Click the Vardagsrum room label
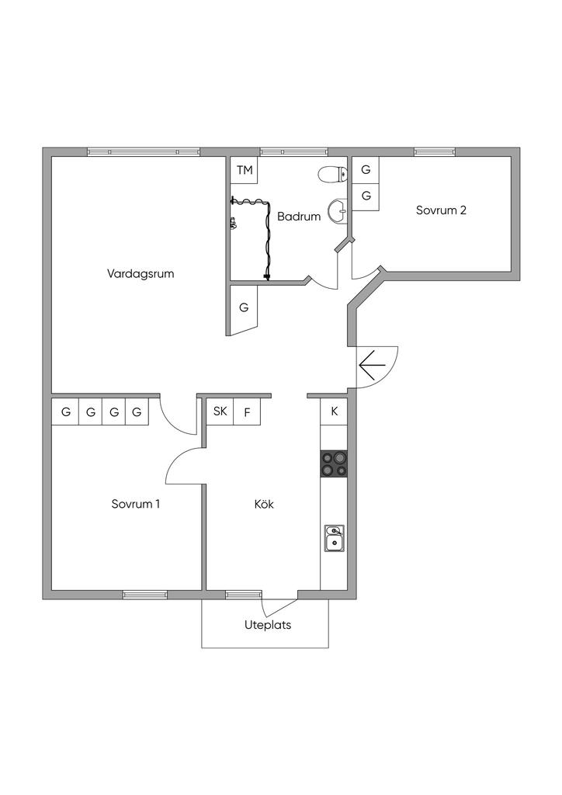[140, 274]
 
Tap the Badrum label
[299, 217]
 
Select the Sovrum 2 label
[441, 210]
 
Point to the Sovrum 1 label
[136, 504]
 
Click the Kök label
[264, 504]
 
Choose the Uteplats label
[268, 625]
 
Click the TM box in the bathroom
[245, 170]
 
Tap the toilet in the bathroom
[332, 175]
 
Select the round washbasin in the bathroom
[338, 210]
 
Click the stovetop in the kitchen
[334, 463]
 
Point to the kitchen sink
[334, 538]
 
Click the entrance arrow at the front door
[373, 365]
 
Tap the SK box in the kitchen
[220, 411]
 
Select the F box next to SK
[248, 411]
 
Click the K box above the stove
[334, 411]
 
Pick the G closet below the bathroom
[244, 308]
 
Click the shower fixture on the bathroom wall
[233, 223]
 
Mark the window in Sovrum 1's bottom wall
[145, 595]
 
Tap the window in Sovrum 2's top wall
[434, 151]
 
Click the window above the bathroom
[294, 151]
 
